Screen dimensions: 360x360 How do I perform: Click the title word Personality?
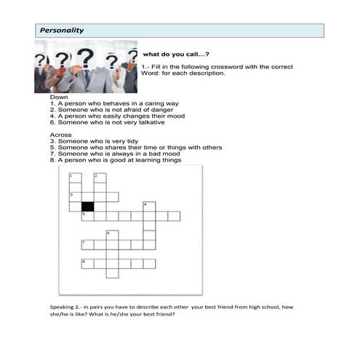[x=62, y=31]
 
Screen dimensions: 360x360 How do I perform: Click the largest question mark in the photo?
[x=85, y=58]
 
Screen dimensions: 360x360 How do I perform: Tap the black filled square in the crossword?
[x=87, y=207]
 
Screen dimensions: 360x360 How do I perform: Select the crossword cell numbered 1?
[x=76, y=177]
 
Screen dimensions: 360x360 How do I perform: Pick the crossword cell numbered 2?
[x=100, y=177]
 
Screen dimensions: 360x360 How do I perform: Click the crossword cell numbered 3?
[x=76, y=197]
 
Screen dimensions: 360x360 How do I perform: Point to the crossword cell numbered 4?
[x=149, y=207]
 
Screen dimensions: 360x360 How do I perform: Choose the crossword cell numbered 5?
[x=88, y=216]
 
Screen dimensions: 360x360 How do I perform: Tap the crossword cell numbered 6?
[x=112, y=235]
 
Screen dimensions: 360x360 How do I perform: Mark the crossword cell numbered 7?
[x=88, y=244]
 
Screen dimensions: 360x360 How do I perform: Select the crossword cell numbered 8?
[x=88, y=263]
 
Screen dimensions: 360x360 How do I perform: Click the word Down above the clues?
[x=59, y=97]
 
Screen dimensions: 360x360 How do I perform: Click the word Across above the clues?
[x=60, y=135]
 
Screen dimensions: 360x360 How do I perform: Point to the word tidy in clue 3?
[x=132, y=141]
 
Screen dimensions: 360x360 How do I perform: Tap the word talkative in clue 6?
[x=152, y=122]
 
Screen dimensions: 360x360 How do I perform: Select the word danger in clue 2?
[x=162, y=110]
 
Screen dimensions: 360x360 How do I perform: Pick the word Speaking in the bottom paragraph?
[x=62, y=307]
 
